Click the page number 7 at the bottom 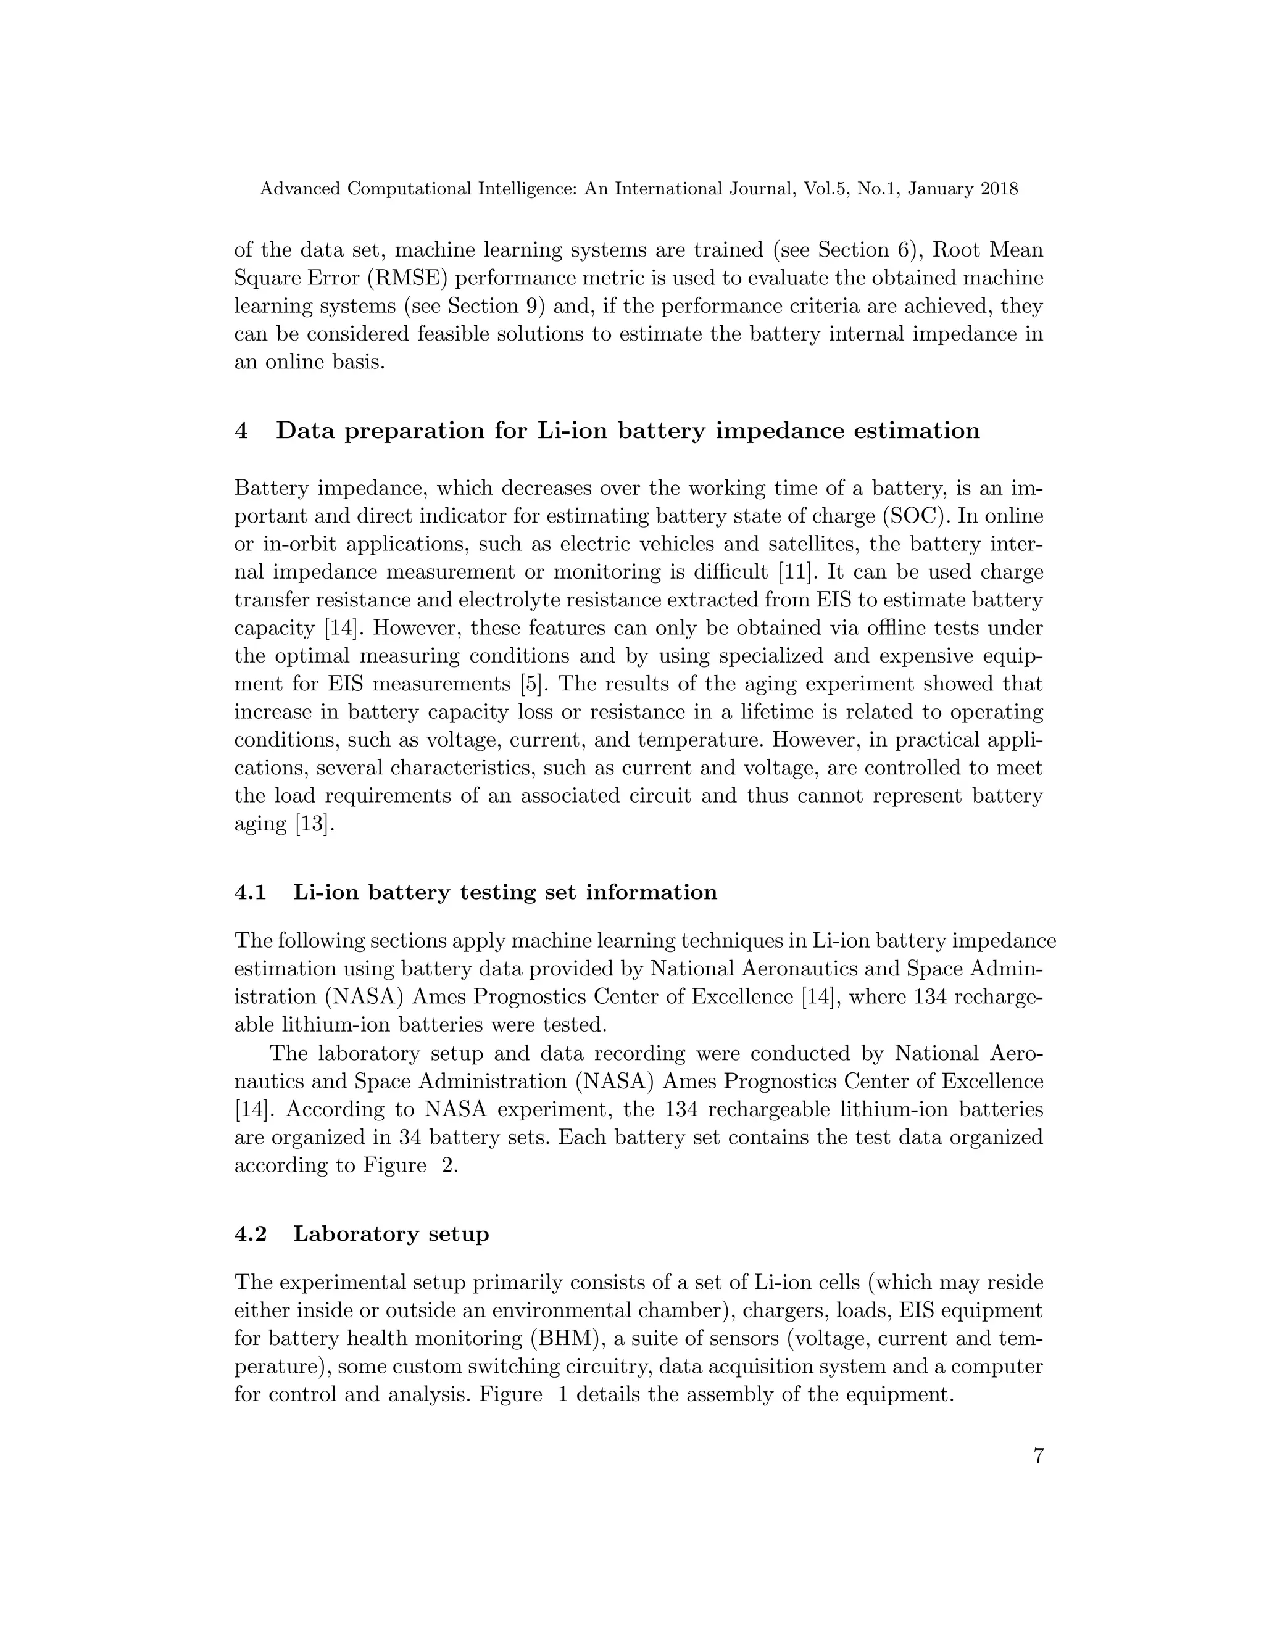click(x=1038, y=1456)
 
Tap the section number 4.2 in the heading click(x=250, y=1234)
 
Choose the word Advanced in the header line click(x=299, y=189)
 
